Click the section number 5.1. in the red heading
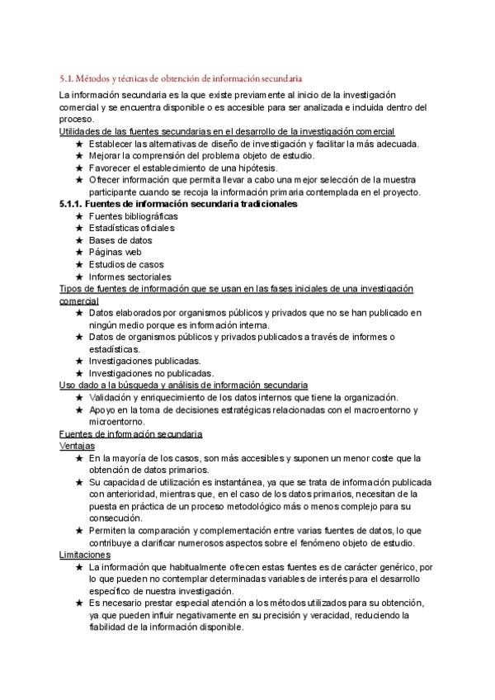tap(67, 78)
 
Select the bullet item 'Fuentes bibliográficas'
tap(121, 216)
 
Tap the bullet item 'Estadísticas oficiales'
tap(120, 228)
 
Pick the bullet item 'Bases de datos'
tap(111, 240)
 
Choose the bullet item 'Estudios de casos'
tap(115, 264)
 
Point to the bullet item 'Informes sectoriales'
tap(118, 277)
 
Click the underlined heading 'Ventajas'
tap(78, 445)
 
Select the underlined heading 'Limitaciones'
tap(85, 555)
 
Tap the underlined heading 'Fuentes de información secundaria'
tap(131, 433)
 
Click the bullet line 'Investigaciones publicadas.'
tap(133, 361)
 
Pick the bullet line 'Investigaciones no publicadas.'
tap(139, 373)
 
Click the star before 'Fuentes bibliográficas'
tap(78, 216)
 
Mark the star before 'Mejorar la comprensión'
tap(78, 155)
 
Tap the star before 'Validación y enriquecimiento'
tap(78, 397)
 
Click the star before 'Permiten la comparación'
tap(78, 530)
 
